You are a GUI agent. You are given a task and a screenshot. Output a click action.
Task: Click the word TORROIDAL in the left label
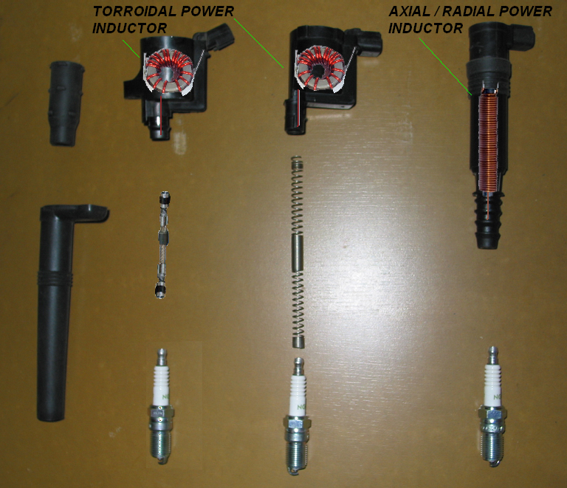[x=135, y=11]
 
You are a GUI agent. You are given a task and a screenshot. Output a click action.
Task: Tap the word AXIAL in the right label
[x=409, y=11]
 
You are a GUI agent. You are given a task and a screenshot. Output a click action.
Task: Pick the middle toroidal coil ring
[x=320, y=69]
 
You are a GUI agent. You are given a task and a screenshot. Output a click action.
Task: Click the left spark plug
[x=162, y=407]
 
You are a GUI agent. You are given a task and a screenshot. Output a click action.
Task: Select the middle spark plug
[x=298, y=416]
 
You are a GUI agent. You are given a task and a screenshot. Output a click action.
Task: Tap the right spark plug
[x=492, y=407]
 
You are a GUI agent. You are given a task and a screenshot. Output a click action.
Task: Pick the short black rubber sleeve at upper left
[x=66, y=104]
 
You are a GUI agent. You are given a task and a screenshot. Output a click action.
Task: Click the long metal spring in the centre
[x=298, y=251]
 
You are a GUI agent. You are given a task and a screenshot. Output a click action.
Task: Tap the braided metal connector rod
[x=163, y=245]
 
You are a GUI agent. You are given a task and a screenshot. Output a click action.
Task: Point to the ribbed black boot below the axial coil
[x=487, y=221]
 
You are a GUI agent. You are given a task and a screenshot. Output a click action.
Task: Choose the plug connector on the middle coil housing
[x=369, y=44]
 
